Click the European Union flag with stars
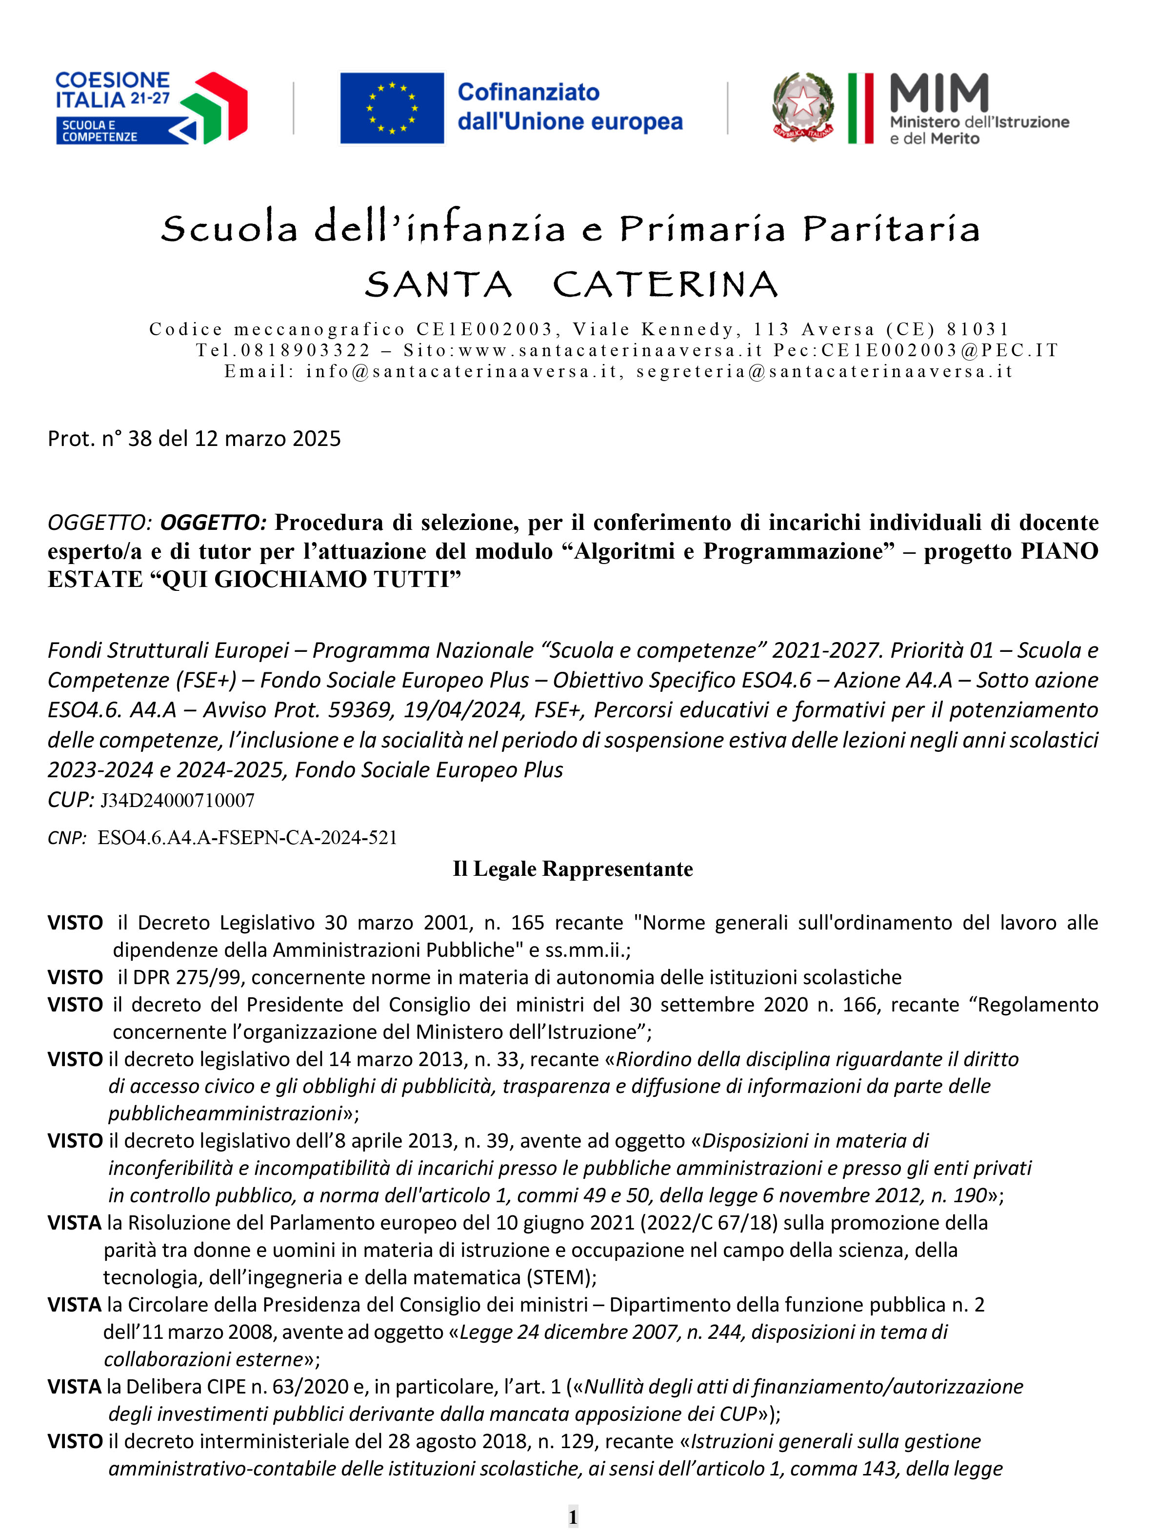pyautogui.click(x=392, y=108)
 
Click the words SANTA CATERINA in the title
pyautogui.click(x=571, y=284)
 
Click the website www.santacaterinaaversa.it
pyautogui.click(x=611, y=350)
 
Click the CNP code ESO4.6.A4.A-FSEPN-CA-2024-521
pyautogui.click(x=247, y=838)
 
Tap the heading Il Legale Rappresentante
pyautogui.click(x=573, y=869)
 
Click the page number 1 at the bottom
pyautogui.click(x=573, y=1516)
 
